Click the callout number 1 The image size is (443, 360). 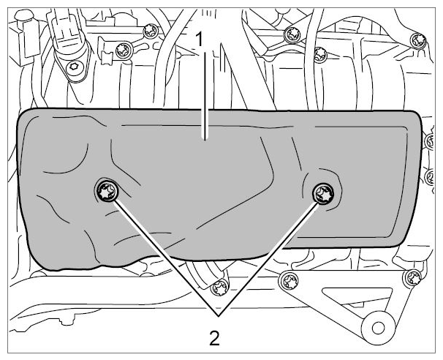200,40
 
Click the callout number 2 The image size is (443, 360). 215,337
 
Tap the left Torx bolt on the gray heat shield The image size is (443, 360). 107,190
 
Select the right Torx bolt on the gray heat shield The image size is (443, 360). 323,193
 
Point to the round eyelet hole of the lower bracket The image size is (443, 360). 378,328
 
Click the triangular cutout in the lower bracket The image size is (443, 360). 359,297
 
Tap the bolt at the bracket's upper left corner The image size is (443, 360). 289,281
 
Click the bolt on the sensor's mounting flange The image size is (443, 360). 74,67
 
